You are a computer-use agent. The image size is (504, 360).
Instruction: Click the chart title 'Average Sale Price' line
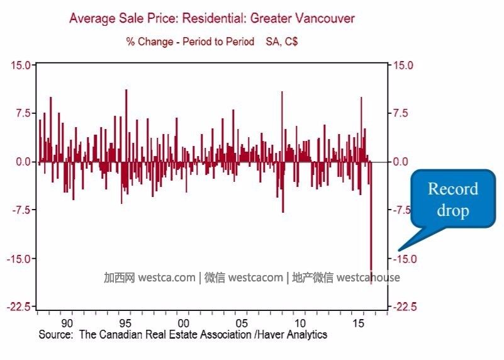point(211,18)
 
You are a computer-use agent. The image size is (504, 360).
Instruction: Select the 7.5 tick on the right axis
point(401,113)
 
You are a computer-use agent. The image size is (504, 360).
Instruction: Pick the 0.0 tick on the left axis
point(22,162)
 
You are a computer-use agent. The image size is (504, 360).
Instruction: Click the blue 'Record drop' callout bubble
point(453,200)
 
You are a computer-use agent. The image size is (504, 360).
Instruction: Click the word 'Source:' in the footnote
point(56,335)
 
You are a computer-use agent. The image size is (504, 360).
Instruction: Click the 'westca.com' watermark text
point(167,278)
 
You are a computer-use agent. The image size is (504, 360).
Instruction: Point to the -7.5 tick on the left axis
point(20,210)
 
